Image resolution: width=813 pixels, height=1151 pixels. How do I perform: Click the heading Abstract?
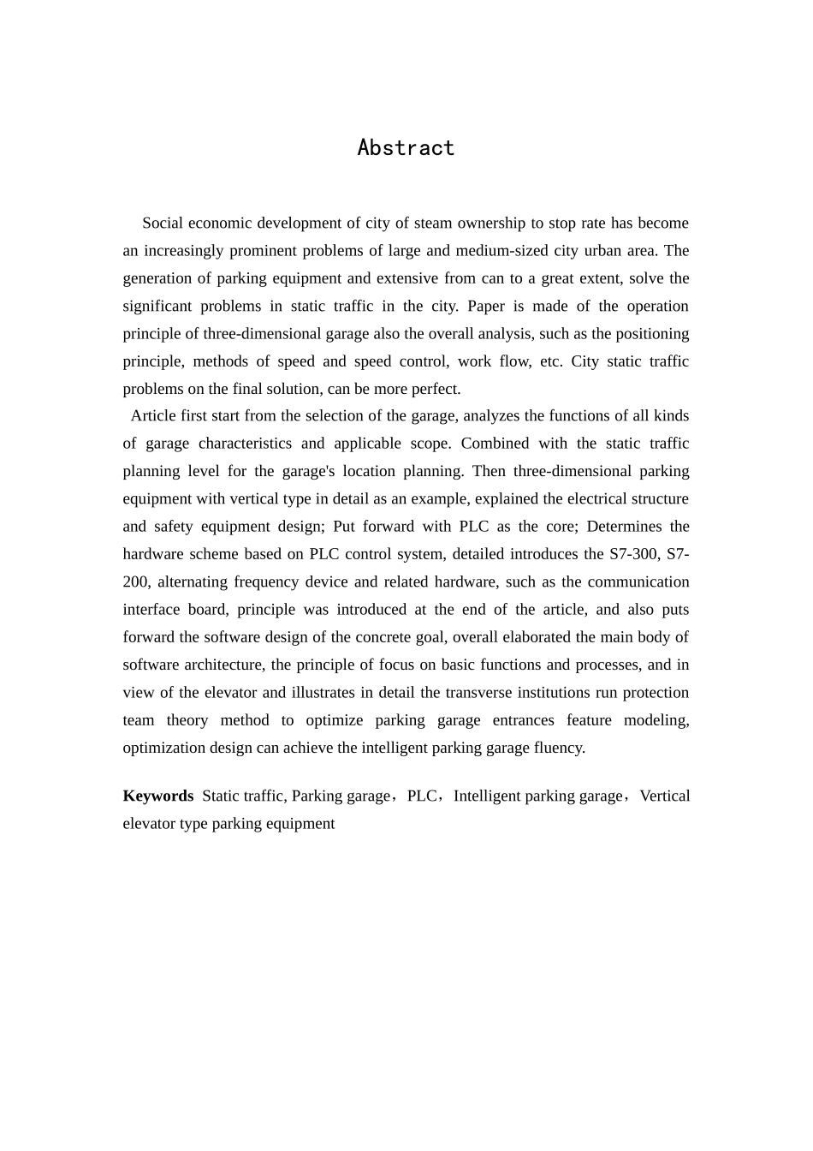click(x=406, y=148)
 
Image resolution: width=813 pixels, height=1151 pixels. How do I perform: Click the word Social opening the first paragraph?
click(x=163, y=224)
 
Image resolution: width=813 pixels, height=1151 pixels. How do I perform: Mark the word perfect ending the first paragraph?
click(x=436, y=390)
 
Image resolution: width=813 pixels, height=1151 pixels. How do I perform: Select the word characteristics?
click(x=245, y=444)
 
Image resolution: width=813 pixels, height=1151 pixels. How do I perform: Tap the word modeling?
click(x=656, y=720)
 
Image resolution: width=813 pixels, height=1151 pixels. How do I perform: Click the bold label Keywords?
click(x=158, y=796)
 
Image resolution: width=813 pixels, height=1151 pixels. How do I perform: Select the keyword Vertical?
click(x=664, y=796)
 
